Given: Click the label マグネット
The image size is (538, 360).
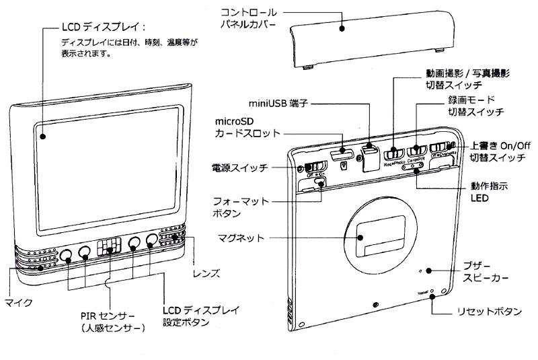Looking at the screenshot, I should pyautogui.click(x=239, y=238).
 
